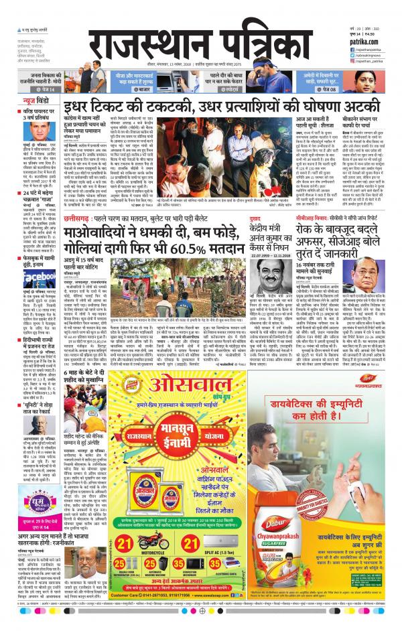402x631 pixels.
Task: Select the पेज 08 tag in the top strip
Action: pyautogui.click(x=348, y=89)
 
